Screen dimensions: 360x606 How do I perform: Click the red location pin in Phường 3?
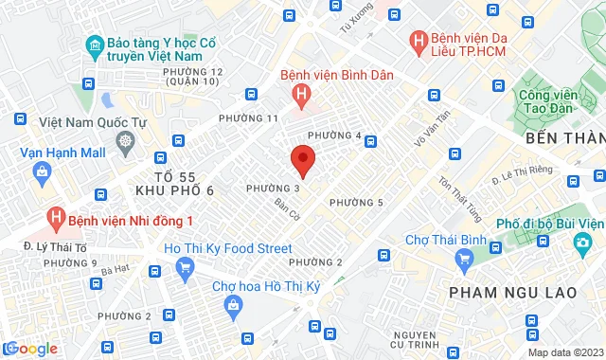pos(302,159)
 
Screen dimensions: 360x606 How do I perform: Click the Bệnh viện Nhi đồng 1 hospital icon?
pos(57,219)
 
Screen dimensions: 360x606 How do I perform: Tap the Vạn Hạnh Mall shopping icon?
pos(41,171)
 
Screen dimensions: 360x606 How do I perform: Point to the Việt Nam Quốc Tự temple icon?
pos(126,142)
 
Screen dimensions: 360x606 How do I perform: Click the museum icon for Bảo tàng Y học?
pos(94,45)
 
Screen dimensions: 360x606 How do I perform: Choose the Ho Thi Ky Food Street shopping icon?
pos(185,268)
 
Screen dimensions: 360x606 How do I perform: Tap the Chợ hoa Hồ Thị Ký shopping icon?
pos(233,303)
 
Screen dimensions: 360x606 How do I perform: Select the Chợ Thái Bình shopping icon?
pos(410,242)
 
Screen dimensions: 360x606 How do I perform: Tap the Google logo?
pos(30,348)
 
